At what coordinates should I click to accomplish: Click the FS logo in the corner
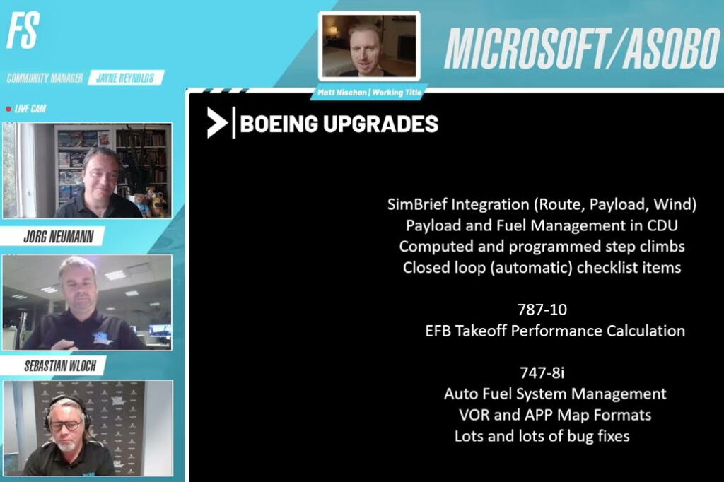tap(22, 30)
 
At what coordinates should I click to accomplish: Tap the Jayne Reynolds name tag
tap(126, 78)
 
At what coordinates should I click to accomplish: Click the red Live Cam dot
tap(8, 109)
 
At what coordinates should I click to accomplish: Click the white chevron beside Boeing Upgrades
tap(216, 124)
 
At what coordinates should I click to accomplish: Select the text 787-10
tap(542, 310)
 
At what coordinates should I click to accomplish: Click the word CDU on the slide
tap(662, 226)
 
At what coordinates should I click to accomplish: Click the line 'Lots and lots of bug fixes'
tap(542, 436)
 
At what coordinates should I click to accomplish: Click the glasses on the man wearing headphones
tap(65, 425)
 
